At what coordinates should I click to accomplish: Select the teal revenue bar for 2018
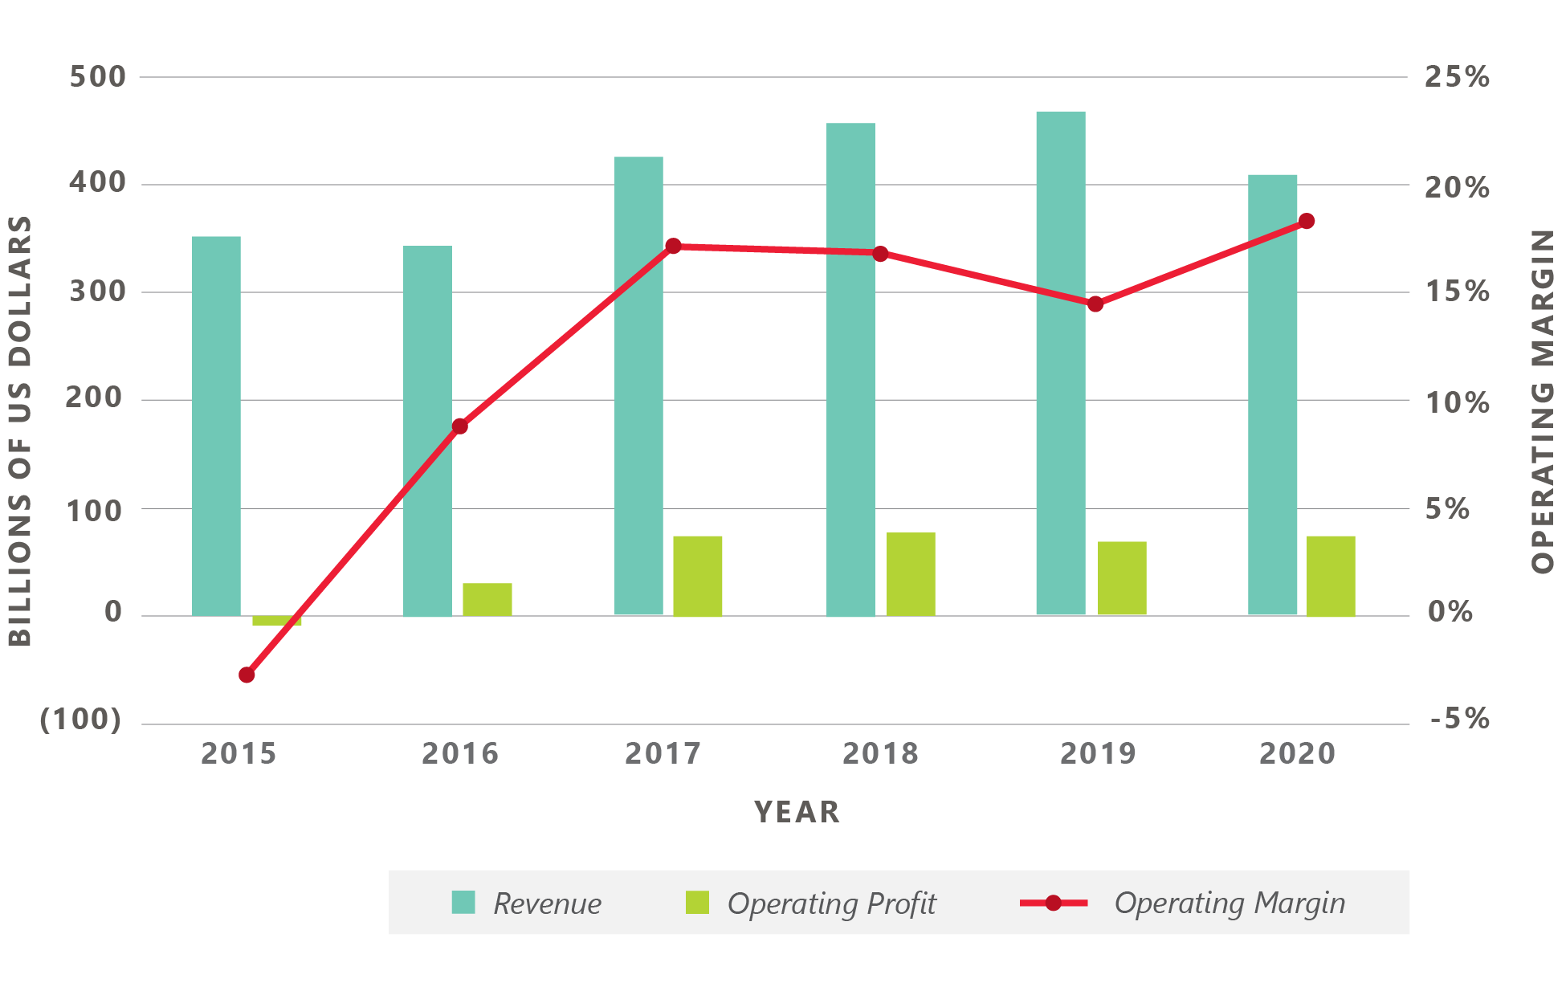tap(850, 369)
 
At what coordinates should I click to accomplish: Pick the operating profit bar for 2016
tap(487, 599)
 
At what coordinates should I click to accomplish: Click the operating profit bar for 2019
tap(1122, 578)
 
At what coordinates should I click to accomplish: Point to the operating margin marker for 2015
tap(247, 675)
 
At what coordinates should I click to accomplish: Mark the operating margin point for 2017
tap(673, 247)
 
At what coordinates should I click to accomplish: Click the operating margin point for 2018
tap(880, 255)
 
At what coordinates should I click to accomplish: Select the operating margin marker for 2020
tap(1306, 222)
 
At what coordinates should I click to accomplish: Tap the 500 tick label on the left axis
tap(98, 77)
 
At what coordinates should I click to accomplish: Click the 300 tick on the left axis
tap(98, 292)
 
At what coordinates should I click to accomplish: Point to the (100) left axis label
tap(81, 720)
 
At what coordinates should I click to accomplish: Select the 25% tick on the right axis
tap(1457, 77)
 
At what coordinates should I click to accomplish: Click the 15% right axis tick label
tap(1457, 292)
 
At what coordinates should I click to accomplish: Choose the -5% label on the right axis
tap(1459, 720)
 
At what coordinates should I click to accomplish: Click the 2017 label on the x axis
tap(663, 754)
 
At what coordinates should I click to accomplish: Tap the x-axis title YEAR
tap(797, 813)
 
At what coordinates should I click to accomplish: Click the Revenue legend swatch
tap(463, 903)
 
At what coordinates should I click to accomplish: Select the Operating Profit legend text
tap(831, 903)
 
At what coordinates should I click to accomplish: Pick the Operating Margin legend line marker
tap(1054, 903)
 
